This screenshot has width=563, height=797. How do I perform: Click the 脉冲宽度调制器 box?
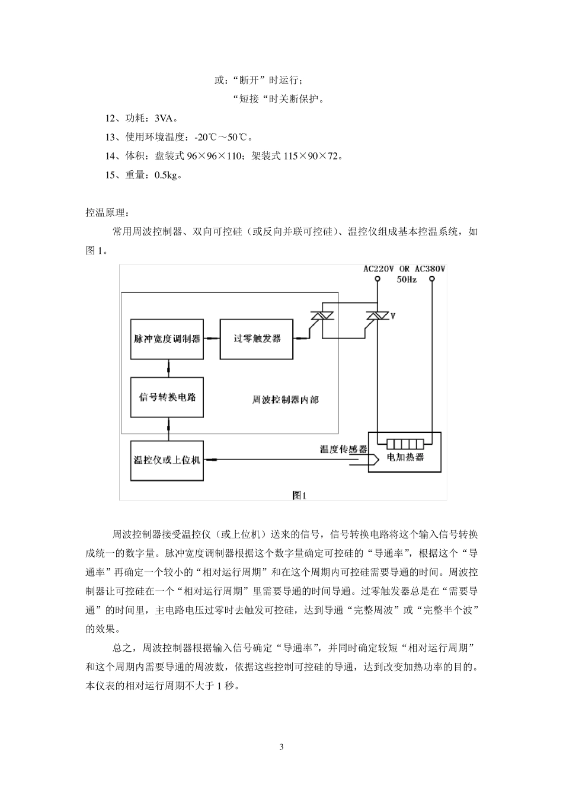click(167, 339)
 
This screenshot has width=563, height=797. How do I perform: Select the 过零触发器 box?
click(256, 339)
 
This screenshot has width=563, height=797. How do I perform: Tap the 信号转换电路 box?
click(167, 397)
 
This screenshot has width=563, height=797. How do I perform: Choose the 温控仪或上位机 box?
click(167, 460)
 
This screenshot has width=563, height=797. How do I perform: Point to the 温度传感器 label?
click(344, 449)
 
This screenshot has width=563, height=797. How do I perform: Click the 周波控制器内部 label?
click(285, 400)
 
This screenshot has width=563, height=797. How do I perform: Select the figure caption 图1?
click(299, 494)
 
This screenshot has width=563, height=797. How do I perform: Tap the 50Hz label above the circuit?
click(406, 279)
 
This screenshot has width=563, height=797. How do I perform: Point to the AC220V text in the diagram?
click(379, 269)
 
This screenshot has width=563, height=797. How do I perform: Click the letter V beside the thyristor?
click(392, 316)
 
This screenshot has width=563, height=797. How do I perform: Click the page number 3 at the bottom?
click(281, 747)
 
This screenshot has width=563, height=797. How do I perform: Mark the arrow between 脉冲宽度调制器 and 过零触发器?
click(212, 339)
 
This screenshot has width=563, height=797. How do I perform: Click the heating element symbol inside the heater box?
click(405, 444)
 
